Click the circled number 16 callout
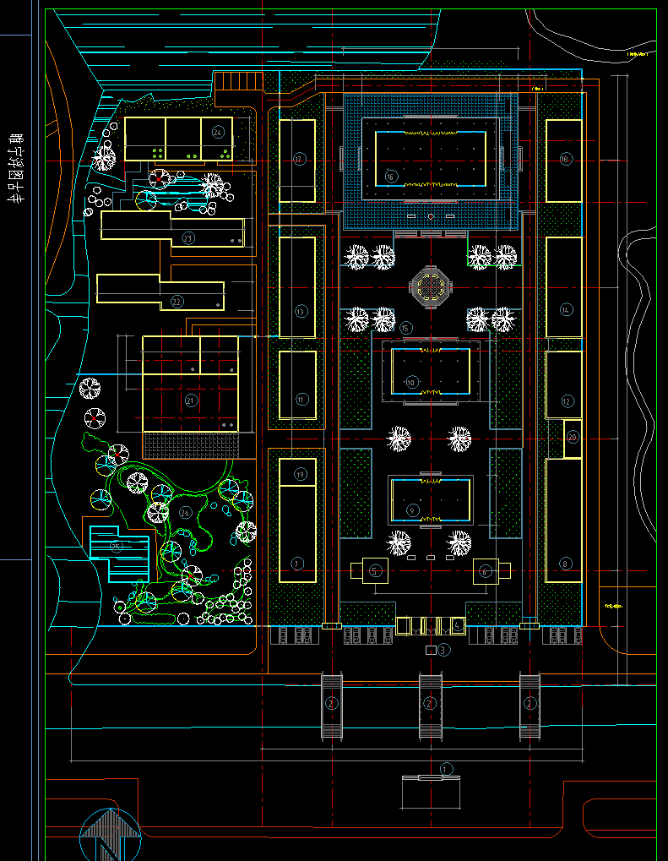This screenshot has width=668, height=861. [x=390, y=177]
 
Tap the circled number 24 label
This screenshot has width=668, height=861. [x=218, y=133]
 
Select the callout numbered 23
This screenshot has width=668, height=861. [x=188, y=238]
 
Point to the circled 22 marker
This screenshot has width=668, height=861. [x=177, y=302]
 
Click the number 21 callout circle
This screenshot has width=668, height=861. [x=191, y=400]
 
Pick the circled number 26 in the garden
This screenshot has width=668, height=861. [x=185, y=513]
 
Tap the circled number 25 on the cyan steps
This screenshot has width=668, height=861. [x=117, y=547]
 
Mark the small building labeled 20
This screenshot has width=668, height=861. [x=573, y=438]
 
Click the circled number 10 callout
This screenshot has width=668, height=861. [x=411, y=382]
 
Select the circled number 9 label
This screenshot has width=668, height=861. [x=412, y=510]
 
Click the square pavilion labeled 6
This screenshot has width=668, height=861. [x=486, y=571]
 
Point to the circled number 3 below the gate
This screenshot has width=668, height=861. [x=443, y=650]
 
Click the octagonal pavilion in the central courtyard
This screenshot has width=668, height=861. [x=431, y=288]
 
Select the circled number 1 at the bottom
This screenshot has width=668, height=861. [x=447, y=767]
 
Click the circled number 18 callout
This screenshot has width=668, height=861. [x=565, y=159]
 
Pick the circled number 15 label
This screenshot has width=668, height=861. [x=406, y=328]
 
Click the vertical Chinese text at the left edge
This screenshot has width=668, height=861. [x=13, y=167]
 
